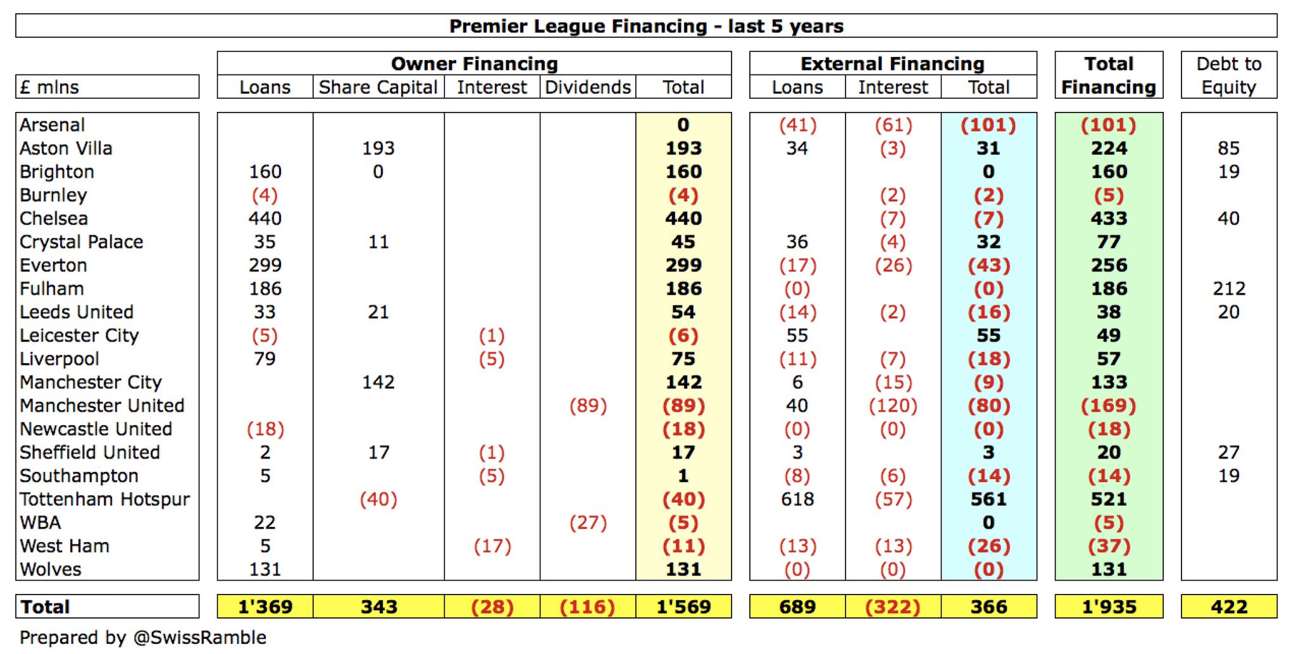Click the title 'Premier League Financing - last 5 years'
pyautogui.click(x=646, y=26)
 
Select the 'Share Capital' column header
pyautogui.click(x=378, y=87)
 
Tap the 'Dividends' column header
pyautogui.click(x=588, y=87)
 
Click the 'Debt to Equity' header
pyautogui.click(x=1228, y=75)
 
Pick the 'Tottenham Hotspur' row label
pyautogui.click(x=104, y=499)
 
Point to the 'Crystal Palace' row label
pyautogui.click(x=81, y=242)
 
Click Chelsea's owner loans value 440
pyautogui.click(x=265, y=218)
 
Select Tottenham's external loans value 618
pyautogui.click(x=797, y=499)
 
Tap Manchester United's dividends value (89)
pyautogui.click(x=588, y=405)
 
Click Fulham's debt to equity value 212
pyautogui.click(x=1228, y=288)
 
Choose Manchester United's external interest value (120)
pyautogui.click(x=892, y=405)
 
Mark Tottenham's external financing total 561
pyautogui.click(x=988, y=499)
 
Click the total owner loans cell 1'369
pyautogui.click(x=265, y=607)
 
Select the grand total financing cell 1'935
pyautogui.click(x=1109, y=607)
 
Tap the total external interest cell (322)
pyautogui.click(x=892, y=607)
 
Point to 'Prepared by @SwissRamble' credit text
pyautogui.click(x=142, y=638)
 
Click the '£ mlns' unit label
pyautogui.click(x=49, y=87)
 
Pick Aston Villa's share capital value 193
pyautogui.click(x=378, y=148)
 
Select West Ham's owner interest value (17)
pyautogui.click(x=492, y=546)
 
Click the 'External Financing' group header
pyautogui.click(x=892, y=64)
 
